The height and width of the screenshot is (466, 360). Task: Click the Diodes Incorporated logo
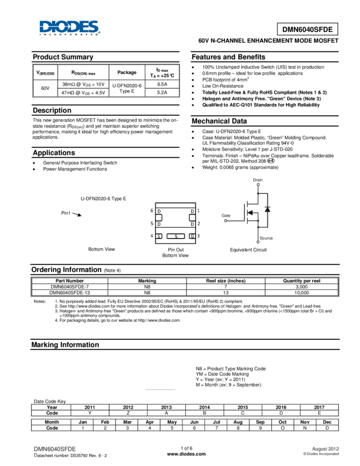70,28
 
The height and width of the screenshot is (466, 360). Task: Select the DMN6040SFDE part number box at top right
307,30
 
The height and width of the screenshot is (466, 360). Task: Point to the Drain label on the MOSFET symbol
258,179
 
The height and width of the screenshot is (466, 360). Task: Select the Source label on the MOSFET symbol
266,238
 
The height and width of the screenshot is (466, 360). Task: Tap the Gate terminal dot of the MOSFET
225,221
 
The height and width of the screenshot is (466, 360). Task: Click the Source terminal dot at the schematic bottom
258,242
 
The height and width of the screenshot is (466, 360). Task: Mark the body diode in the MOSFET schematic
267,209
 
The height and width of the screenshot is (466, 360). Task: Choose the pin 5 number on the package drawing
151,224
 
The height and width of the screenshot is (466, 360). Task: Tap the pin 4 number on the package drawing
151,236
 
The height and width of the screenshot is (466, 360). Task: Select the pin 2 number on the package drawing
198,224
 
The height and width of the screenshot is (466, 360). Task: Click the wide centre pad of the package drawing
175,236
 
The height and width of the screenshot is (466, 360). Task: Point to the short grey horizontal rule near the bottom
161,390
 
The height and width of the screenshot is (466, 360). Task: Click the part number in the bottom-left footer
55,448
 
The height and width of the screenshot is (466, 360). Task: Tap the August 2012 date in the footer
325,448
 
